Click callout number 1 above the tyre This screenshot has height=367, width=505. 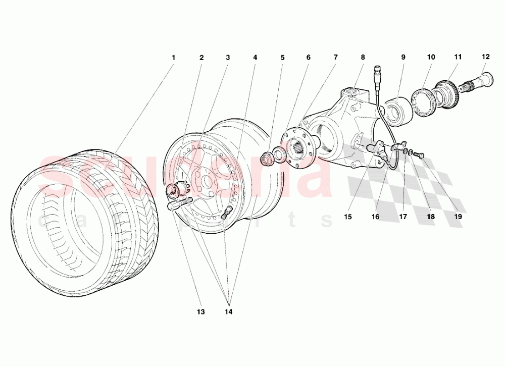173,58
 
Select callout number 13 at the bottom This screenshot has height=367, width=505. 201,312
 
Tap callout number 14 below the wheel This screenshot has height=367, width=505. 229,312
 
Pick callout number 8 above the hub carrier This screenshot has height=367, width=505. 363,58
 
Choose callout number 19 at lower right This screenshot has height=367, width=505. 458,217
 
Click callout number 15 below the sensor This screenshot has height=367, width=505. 348,217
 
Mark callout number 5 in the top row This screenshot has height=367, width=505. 282,58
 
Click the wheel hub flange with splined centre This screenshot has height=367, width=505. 298,147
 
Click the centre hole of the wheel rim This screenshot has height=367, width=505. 207,179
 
